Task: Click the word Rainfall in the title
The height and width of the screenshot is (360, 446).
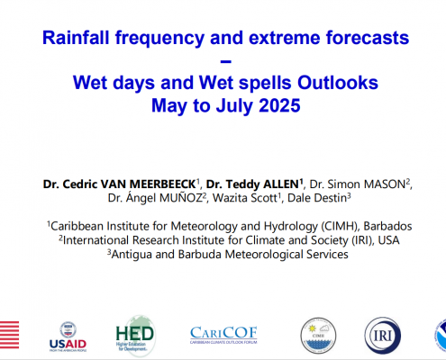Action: pyautogui.click(x=77, y=38)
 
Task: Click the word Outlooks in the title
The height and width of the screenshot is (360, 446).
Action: pyautogui.click(x=338, y=83)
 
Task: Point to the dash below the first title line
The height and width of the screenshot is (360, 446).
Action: pyautogui.click(x=225, y=62)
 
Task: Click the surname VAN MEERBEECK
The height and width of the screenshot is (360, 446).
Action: pyautogui.click(x=148, y=184)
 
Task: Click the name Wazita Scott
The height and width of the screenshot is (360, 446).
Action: pyautogui.click(x=245, y=198)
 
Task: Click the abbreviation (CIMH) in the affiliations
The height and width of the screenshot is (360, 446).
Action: pyautogui.click(x=340, y=226)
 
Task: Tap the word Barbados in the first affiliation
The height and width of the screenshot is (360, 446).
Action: pyautogui.click(x=387, y=226)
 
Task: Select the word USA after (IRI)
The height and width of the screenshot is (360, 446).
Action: pyautogui.click(x=388, y=240)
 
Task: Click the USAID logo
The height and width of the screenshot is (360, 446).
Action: pyautogui.click(x=68, y=337)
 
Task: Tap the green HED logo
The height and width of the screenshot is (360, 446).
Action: pyautogui.click(x=135, y=336)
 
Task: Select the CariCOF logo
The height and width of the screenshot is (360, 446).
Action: pyautogui.click(x=223, y=335)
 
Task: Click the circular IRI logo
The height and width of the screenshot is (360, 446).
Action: pyautogui.click(x=383, y=336)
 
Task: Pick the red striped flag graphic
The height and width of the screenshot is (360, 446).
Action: pyautogui.click(x=9, y=335)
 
